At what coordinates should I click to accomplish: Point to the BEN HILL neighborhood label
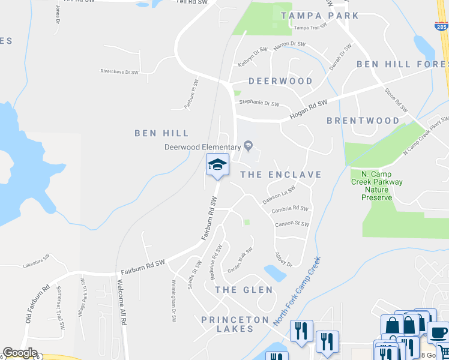coord(161,133)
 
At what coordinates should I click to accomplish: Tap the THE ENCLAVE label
coord(280,175)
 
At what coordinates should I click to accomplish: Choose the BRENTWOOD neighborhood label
coord(363,121)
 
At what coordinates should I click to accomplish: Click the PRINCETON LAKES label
coord(235,320)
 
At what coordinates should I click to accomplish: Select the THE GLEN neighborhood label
coord(244,290)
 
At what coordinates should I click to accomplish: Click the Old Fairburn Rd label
coord(37,305)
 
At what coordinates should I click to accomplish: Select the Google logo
coord(20,353)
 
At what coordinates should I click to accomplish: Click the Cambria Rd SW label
coord(290,209)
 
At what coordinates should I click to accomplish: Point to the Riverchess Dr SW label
coord(119,71)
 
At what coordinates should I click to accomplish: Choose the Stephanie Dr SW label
coord(259,104)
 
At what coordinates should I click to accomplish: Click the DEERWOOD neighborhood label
coord(280,81)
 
